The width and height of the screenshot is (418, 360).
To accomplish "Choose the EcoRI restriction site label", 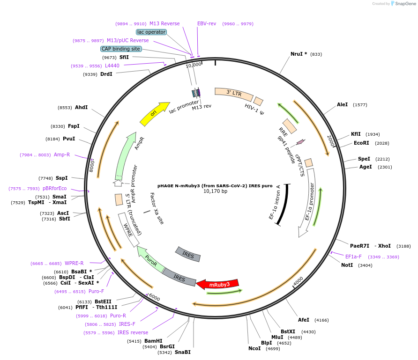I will click(361, 143).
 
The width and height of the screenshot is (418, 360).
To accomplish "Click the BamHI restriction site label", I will click(153, 341).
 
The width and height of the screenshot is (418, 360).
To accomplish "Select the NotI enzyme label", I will click(347, 265).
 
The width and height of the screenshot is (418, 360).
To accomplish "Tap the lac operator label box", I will click(151, 32).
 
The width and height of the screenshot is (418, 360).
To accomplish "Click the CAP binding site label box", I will click(121, 49).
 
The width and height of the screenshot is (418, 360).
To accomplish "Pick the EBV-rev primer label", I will click(207, 23).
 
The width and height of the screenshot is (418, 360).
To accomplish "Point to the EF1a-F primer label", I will click(354, 257).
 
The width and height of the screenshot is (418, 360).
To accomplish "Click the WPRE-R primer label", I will click(74, 263).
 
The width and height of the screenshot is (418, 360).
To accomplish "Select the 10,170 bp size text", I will click(215, 191).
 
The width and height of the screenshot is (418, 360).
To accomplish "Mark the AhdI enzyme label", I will click(82, 107).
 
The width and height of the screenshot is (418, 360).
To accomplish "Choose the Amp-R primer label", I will click(62, 154).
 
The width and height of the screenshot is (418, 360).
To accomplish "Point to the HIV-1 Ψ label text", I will click(254, 110).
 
